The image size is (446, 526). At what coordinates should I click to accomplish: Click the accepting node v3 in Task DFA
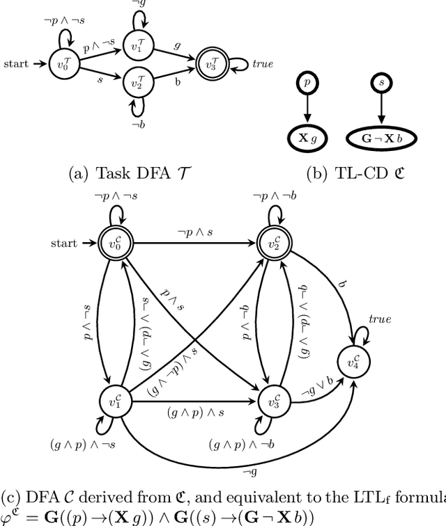click(210, 63)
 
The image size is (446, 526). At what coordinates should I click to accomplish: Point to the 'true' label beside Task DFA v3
click(263, 64)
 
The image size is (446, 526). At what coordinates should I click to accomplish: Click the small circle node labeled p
click(307, 83)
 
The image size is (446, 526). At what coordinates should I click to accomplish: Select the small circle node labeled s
click(380, 83)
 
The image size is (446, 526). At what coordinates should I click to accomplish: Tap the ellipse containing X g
click(307, 138)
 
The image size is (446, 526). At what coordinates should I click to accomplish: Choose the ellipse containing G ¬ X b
click(380, 138)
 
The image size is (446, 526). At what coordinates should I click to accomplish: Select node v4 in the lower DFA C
click(352, 360)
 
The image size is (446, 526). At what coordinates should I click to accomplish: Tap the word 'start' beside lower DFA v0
click(66, 244)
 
